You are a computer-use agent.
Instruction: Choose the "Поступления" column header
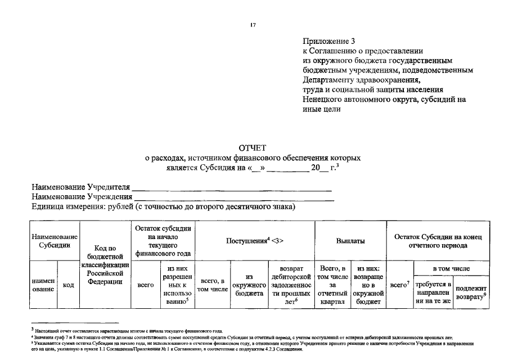tap(255, 241)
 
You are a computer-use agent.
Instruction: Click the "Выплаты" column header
tap(350, 241)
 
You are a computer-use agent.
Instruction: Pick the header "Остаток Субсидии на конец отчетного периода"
tap(438, 241)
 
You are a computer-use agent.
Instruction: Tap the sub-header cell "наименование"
tap(43, 285)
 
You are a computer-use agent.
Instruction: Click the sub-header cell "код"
tap(69, 285)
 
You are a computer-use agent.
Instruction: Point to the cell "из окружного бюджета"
tap(248, 285)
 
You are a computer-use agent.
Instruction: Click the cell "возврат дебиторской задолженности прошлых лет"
tap(291, 285)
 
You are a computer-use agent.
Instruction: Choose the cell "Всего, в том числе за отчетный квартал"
tap(332, 285)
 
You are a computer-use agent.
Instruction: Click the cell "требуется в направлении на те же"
tap(433, 292)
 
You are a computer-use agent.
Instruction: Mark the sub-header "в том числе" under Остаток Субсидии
tap(451, 269)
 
